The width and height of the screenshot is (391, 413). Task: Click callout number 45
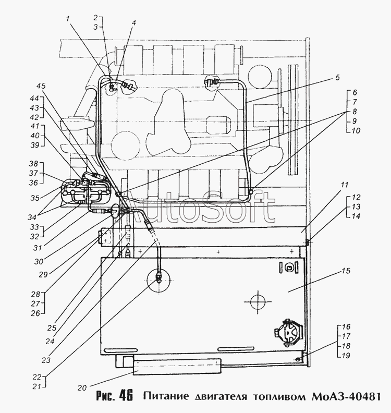pos(41,86)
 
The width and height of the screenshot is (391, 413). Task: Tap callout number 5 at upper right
pos(338,78)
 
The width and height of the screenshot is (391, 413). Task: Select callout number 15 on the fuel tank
pos(347,271)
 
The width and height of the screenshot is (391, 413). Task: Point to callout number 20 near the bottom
pos(82,388)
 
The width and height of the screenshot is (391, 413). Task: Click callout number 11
pos(345,185)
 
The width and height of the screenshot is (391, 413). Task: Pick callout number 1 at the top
pos(68,18)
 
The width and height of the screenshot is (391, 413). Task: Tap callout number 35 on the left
pos(35,198)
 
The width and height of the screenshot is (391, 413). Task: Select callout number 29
pos(43,274)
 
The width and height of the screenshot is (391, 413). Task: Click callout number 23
pos(46,360)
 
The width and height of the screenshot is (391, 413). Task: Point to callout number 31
pos(39,248)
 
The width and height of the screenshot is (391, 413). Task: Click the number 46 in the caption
pos(126,395)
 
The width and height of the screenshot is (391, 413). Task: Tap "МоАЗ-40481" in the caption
pos(346,396)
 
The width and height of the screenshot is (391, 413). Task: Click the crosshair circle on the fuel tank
pos(258,302)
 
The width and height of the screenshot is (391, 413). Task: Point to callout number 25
pos(52,328)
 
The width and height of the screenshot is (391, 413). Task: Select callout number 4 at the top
pos(134,23)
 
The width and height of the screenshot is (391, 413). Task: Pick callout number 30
pos(39,262)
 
